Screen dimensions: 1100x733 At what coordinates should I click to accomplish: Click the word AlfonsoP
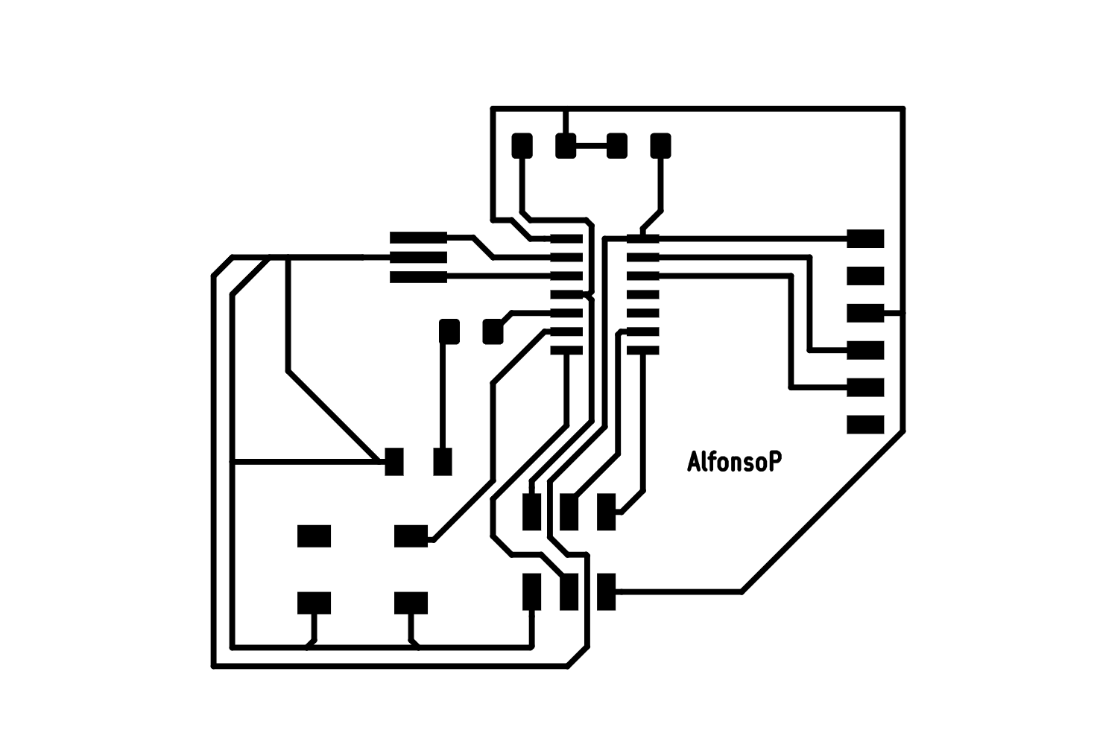[x=734, y=462]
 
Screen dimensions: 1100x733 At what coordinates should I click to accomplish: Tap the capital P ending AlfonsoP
[x=776, y=461]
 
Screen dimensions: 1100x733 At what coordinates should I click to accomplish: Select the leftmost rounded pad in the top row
[x=522, y=146]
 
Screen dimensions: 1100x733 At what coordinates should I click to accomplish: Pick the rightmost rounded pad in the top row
[x=660, y=146]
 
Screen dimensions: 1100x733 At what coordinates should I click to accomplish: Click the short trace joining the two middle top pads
[x=591, y=146]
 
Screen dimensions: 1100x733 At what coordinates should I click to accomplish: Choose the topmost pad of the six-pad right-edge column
[x=865, y=239]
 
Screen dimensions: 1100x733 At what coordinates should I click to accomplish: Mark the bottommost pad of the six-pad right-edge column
[x=865, y=425]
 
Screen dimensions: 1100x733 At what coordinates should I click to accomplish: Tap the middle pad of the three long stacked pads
[x=418, y=257]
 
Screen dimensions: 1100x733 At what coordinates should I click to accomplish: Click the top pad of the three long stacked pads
[x=418, y=238]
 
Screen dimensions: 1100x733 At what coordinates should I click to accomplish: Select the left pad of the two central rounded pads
[x=449, y=331]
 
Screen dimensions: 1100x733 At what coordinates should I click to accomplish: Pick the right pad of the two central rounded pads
[x=493, y=331]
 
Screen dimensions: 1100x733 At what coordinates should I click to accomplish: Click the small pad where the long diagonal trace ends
[x=394, y=462]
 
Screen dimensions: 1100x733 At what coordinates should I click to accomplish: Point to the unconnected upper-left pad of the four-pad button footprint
[x=314, y=536]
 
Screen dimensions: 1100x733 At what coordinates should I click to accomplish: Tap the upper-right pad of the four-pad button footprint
[x=411, y=536]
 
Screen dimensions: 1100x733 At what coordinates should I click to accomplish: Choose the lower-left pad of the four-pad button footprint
[x=314, y=603]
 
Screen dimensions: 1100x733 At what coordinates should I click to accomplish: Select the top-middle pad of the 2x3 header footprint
[x=569, y=512]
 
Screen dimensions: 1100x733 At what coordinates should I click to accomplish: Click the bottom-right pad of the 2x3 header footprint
[x=607, y=591]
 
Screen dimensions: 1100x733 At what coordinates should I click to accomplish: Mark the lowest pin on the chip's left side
[x=566, y=350]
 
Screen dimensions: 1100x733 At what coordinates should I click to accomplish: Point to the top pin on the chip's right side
[x=643, y=239]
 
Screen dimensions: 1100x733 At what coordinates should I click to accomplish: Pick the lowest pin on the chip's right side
[x=643, y=350]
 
